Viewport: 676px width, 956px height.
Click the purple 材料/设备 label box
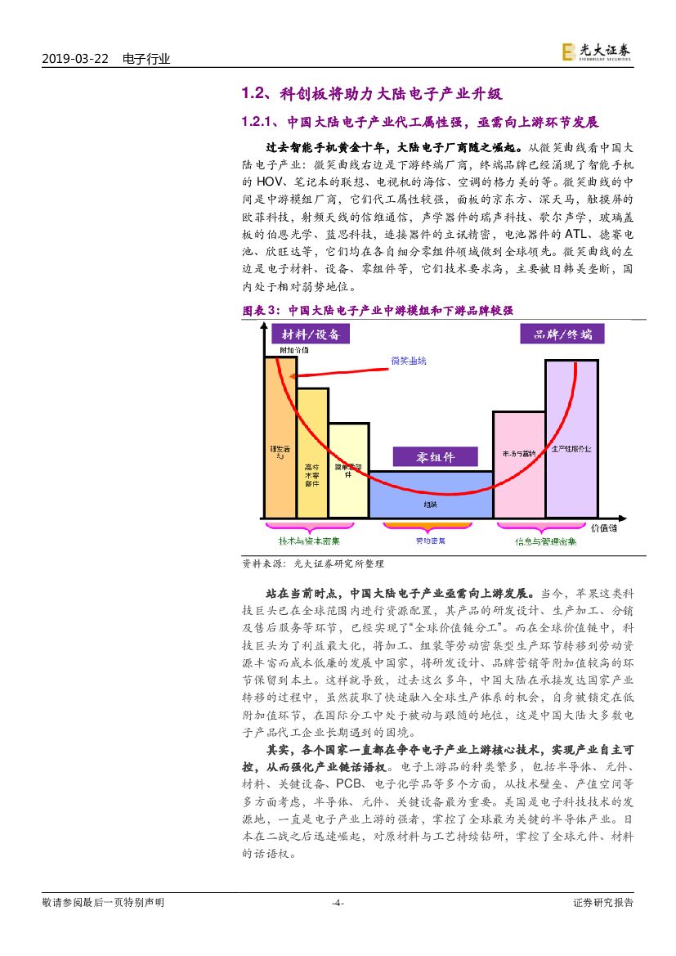click(x=310, y=334)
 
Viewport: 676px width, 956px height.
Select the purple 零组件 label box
click(x=435, y=456)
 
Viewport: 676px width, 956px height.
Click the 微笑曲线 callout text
click(x=410, y=361)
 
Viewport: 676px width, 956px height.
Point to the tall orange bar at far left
click(x=280, y=438)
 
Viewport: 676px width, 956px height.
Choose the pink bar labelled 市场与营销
click(x=518, y=465)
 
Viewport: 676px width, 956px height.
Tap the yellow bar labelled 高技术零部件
click(x=311, y=453)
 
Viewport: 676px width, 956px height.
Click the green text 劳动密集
click(x=428, y=541)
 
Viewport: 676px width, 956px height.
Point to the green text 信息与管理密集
click(x=545, y=541)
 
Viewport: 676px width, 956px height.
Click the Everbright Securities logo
click(x=597, y=52)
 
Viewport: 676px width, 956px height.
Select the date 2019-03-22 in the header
click(x=74, y=59)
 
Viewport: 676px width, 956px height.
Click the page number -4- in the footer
click(x=338, y=903)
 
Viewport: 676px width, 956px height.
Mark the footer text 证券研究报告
click(x=603, y=903)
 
